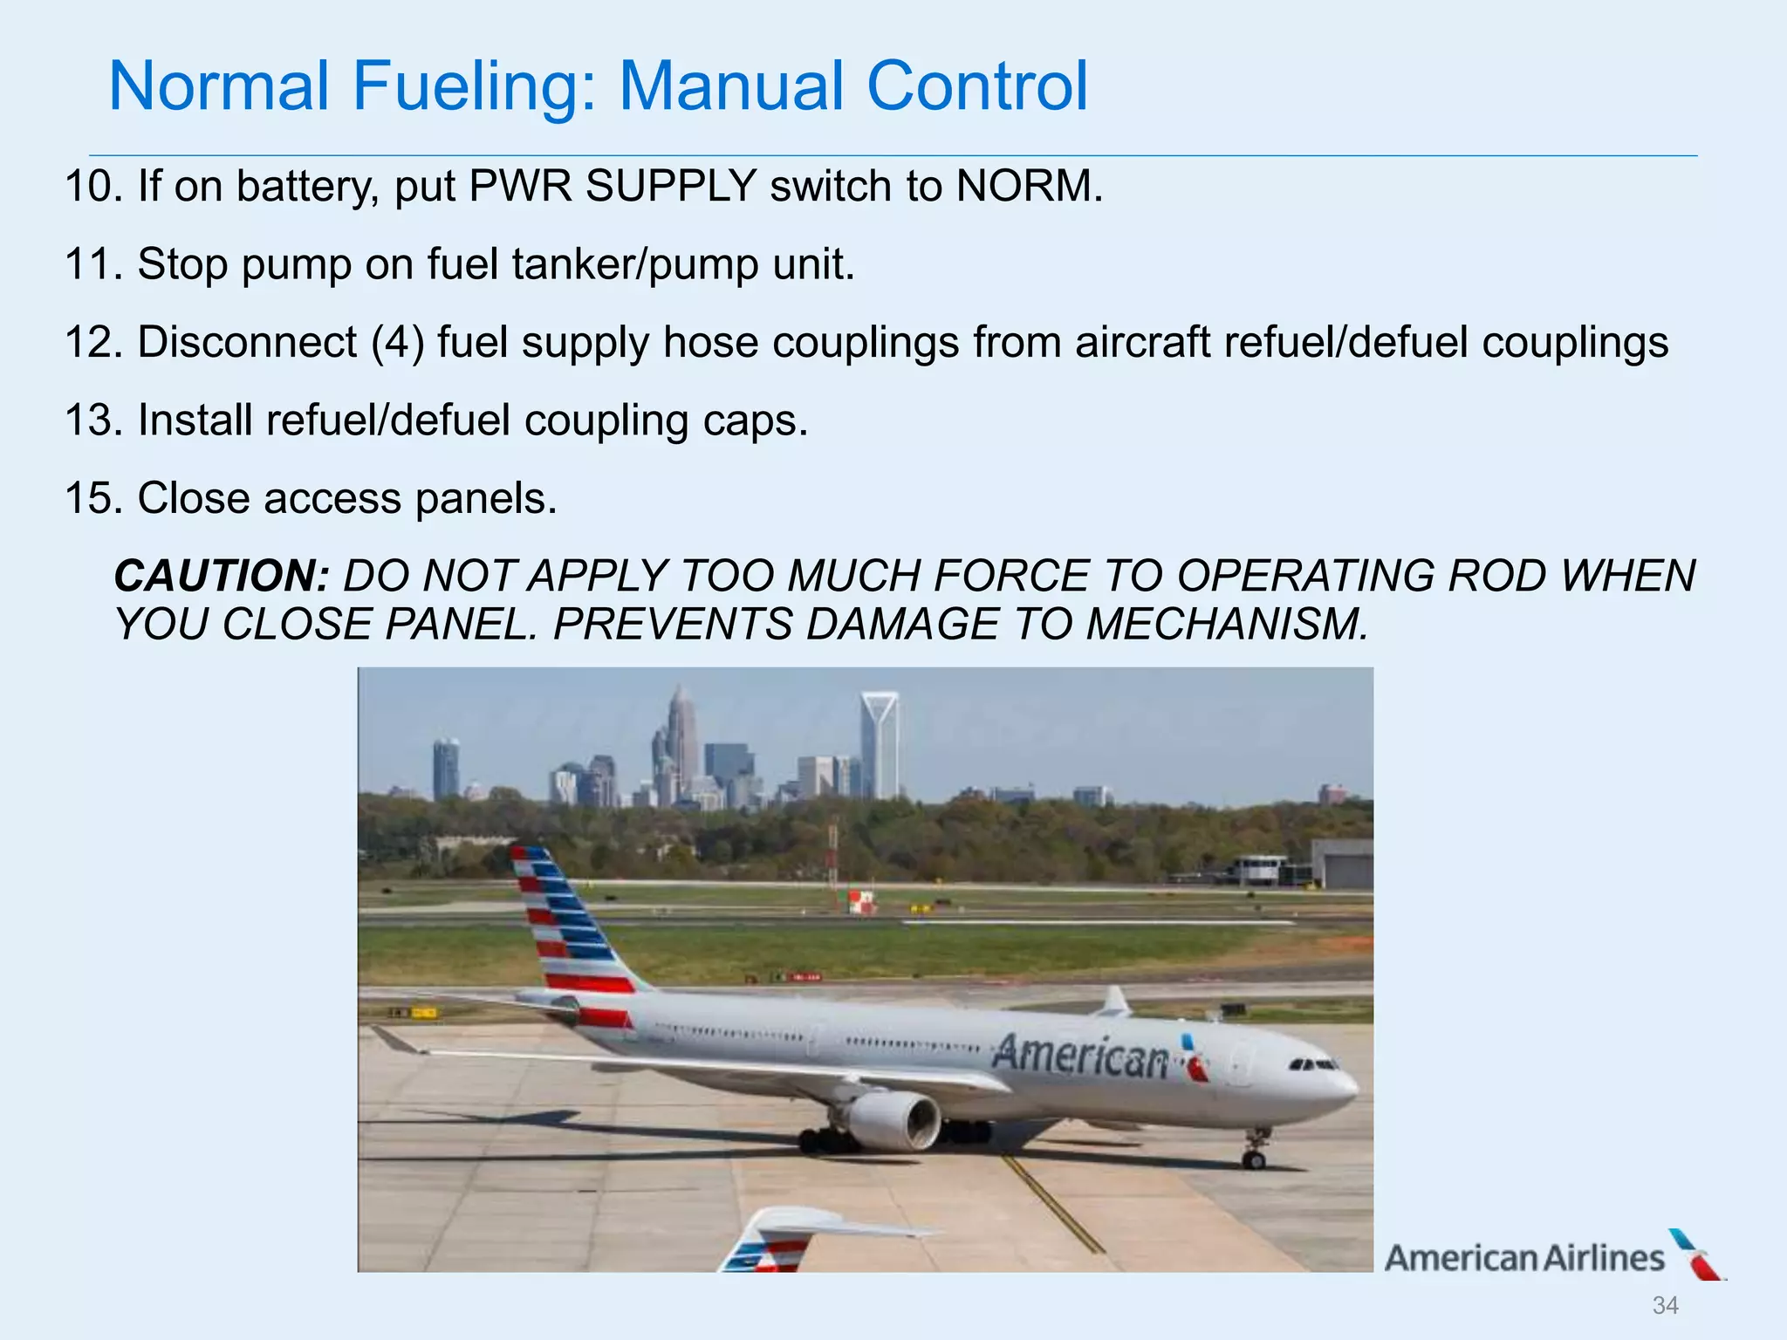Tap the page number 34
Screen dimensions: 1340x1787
[1665, 1305]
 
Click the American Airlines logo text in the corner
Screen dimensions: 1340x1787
[1524, 1258]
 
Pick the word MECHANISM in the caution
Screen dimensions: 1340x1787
[1227, 624]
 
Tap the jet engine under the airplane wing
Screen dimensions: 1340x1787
[893, 1121]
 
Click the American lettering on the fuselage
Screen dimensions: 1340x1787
[1081, 1056]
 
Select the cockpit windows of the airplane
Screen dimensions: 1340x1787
[1314, 1064]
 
